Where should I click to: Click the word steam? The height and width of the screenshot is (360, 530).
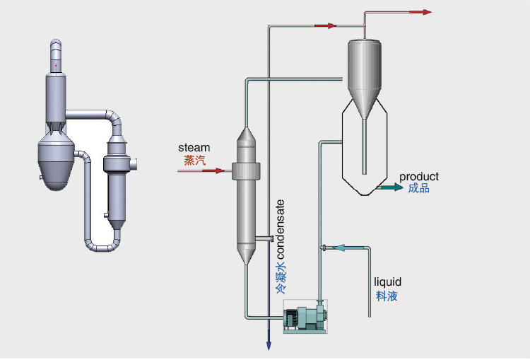(194, 148)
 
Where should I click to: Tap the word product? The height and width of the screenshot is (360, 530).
(419, 176)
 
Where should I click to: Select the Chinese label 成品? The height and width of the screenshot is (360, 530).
(418, 188)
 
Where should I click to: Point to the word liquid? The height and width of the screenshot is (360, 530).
(387, 283)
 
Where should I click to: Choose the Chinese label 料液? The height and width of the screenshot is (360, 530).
(387, 296)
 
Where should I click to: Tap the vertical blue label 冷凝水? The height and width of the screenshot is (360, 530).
(281, 278)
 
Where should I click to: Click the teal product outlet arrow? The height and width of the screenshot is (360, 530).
(387, 187)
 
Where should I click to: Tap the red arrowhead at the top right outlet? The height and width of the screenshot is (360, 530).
(426, 12)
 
